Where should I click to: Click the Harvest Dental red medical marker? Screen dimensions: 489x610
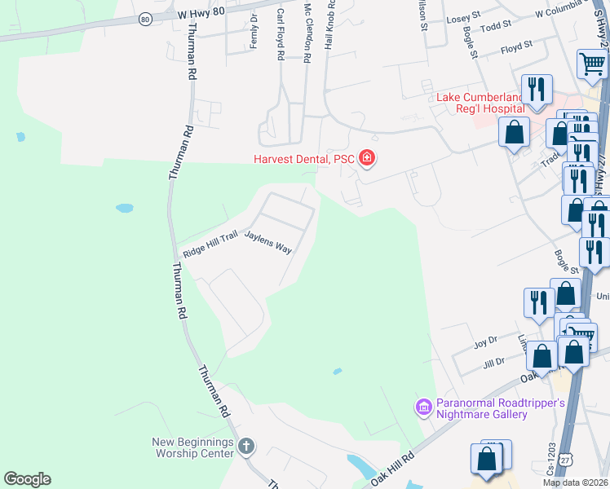coord(367,158)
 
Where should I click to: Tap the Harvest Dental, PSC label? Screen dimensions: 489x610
coord(304,158)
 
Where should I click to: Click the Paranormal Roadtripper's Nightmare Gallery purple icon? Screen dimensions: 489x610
coord(423,406)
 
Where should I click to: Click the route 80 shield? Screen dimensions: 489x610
coord(144,18)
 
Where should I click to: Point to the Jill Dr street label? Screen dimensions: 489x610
coord(494,361)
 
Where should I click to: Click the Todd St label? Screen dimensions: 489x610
coord(496,26)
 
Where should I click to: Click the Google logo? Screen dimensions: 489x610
coord(27,479)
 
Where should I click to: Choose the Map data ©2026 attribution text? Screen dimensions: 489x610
coord(576,482)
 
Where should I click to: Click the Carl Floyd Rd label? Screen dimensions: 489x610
coord(280,33)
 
